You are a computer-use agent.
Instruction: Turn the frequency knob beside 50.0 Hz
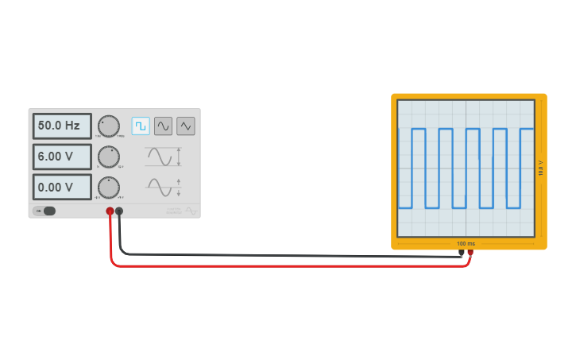(x=108, y=126)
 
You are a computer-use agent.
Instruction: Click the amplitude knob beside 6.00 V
(x=108, y=157)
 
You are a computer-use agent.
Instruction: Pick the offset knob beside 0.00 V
(x=108, y=188)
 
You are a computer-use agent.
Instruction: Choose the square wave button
(x=141, y=126)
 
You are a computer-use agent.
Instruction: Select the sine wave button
(x=163, y=126)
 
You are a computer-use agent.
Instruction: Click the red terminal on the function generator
(x=110, y=211)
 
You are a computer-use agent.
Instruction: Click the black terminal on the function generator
(x=119, y=211)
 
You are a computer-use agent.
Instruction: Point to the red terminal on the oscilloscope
(x=470, y=254)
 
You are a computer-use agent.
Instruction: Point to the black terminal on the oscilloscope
(x=462, y=254)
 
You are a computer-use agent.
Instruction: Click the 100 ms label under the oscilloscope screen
(x=466, y=243)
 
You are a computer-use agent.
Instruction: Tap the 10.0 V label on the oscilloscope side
(x=541, y=168)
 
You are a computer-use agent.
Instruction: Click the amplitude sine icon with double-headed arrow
(x=164, y=157)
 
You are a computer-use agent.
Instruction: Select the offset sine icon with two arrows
(x=164, y=188)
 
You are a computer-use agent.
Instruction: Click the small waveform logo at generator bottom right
(x=191, y=211)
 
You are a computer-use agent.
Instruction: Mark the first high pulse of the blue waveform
(x=419, y=130)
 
